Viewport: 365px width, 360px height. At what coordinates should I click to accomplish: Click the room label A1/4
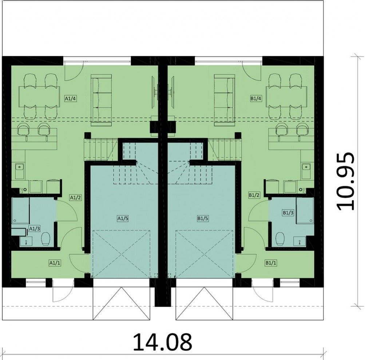click(x=70, y=99)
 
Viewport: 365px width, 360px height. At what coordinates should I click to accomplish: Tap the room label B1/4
click(x=256, y=99)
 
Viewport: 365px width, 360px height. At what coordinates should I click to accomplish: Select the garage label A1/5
click(x=122, y=218)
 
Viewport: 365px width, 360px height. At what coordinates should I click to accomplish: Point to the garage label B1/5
click(x=203, y=218)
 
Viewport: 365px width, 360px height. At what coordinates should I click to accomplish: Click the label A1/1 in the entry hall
click(x=55, y=263)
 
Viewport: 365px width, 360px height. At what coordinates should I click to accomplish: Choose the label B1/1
click(x=271, y=263)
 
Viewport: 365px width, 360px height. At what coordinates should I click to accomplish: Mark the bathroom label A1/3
click(x=35, y=228)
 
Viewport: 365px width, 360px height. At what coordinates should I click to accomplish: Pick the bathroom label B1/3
click(x=288, y=213)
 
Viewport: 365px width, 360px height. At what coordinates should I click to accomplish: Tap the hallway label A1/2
click(x=76, y=198)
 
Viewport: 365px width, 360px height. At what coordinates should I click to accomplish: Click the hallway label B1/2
click(x=254, y=195)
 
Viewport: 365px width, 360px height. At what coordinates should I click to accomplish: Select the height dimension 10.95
click(x=346, y=181)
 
